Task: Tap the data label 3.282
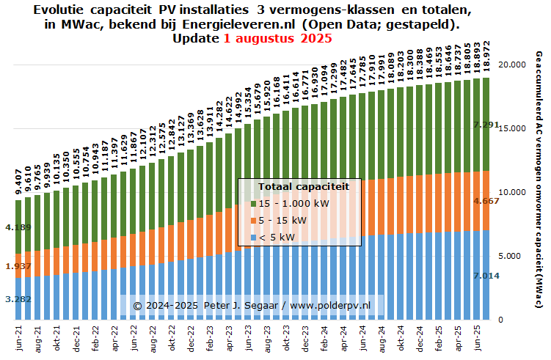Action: pyautogui.click(x=18, y=299)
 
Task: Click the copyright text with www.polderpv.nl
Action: pyautogui.click(x=252, y=304)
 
